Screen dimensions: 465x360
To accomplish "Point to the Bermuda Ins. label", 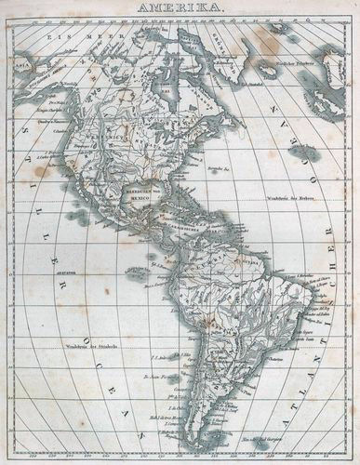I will [x=220, y=170].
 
